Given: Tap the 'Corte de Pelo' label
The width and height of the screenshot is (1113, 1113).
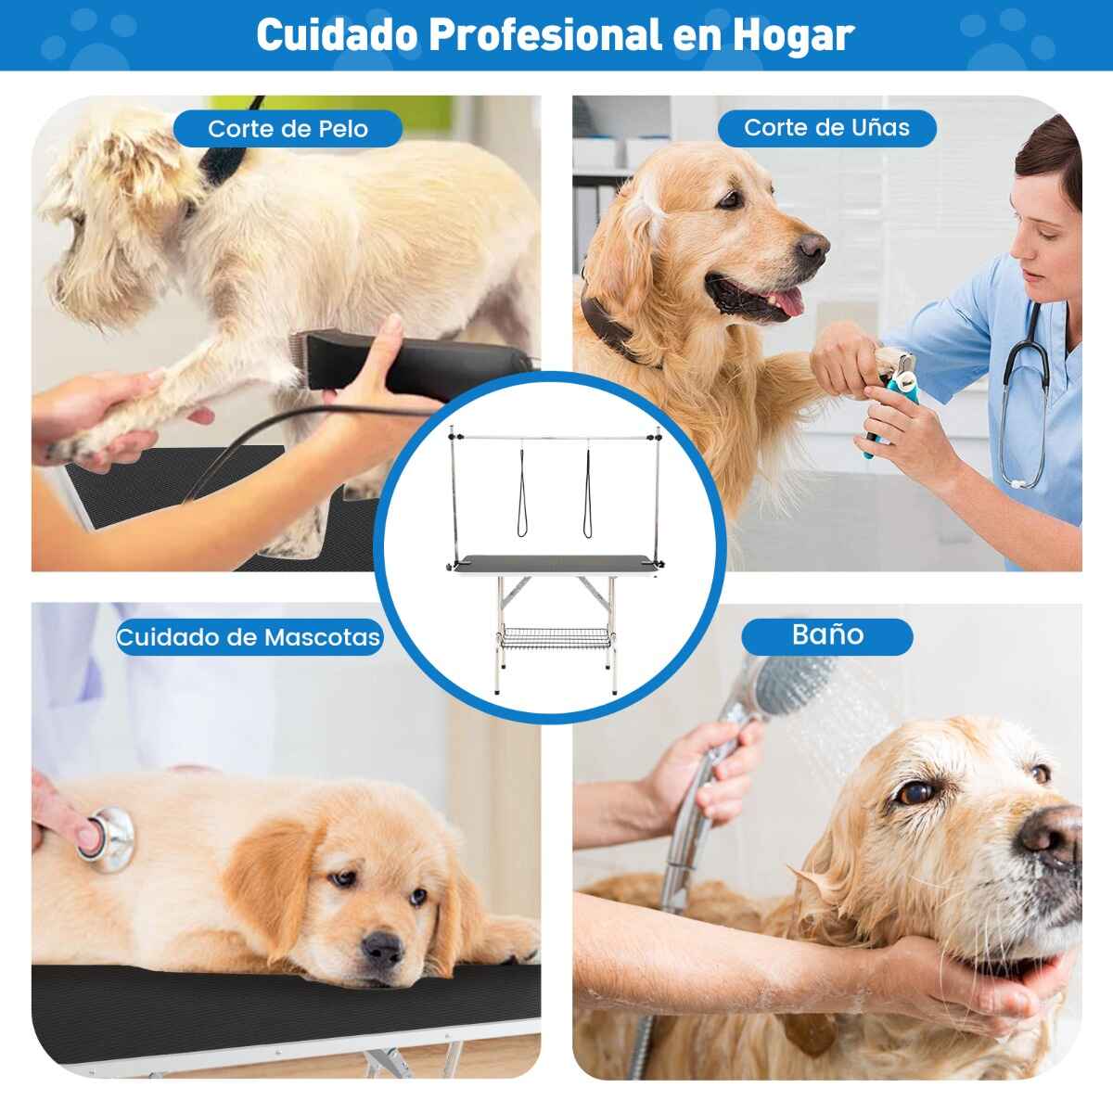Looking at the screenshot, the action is click(288, 128).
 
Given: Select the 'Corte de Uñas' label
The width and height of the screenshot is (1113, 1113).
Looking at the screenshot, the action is click(826, 128).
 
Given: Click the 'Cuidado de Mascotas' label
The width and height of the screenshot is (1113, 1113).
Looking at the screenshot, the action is click(249, 637).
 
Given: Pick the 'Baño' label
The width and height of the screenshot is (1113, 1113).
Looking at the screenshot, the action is click(827, 634).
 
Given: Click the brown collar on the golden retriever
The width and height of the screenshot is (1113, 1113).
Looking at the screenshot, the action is click(612, 326).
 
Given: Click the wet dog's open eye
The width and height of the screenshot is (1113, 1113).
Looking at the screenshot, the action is click(916, 793).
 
